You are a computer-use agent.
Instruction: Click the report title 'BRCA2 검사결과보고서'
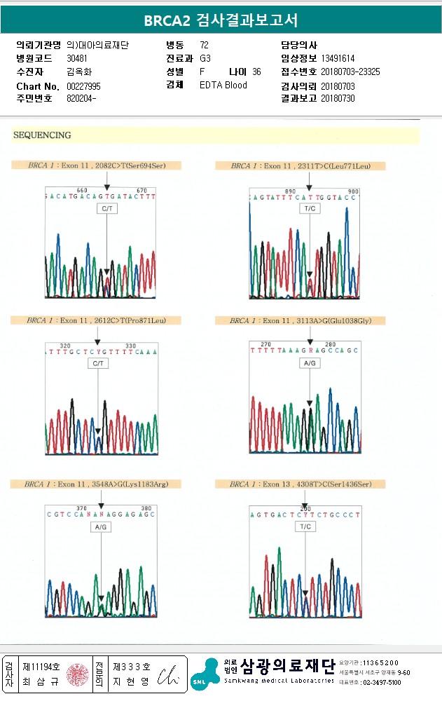(221, 20)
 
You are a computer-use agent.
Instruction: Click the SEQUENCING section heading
(42, 135)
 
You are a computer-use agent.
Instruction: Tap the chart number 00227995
(84, 86)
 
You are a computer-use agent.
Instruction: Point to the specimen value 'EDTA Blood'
(223, 86)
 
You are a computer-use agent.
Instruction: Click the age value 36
(256, 72)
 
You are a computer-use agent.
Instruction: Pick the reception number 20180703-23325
(350, 72)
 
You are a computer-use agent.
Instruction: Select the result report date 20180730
(338, 98)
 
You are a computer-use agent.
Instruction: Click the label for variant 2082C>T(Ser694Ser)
(96, 166)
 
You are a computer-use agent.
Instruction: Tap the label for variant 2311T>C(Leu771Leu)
(301, 166)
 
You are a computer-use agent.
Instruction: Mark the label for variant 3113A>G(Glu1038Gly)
(301, 320)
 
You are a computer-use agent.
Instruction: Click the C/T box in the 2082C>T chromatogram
(107, 209)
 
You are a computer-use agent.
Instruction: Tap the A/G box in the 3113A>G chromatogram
(310, 364)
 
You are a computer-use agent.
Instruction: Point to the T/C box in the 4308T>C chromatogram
(305, 526)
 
